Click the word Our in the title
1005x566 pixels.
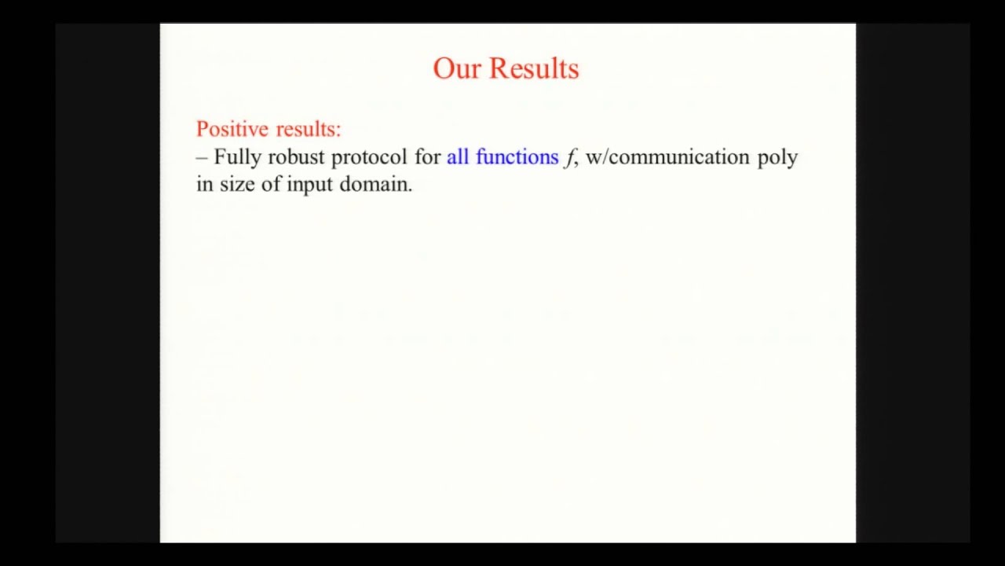456,68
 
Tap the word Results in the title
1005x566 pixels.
534,68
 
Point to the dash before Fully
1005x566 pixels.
202,157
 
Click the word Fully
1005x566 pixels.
238,157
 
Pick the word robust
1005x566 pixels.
296,157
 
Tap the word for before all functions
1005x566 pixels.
428,157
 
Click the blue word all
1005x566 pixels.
458,157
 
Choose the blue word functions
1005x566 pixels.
517,157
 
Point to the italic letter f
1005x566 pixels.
568,158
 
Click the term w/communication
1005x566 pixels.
668,157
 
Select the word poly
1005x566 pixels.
777,157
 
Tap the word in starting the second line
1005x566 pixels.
204,185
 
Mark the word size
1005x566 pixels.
238,185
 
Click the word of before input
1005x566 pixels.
271,185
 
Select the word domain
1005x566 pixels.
375,185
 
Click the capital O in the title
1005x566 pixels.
444,68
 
